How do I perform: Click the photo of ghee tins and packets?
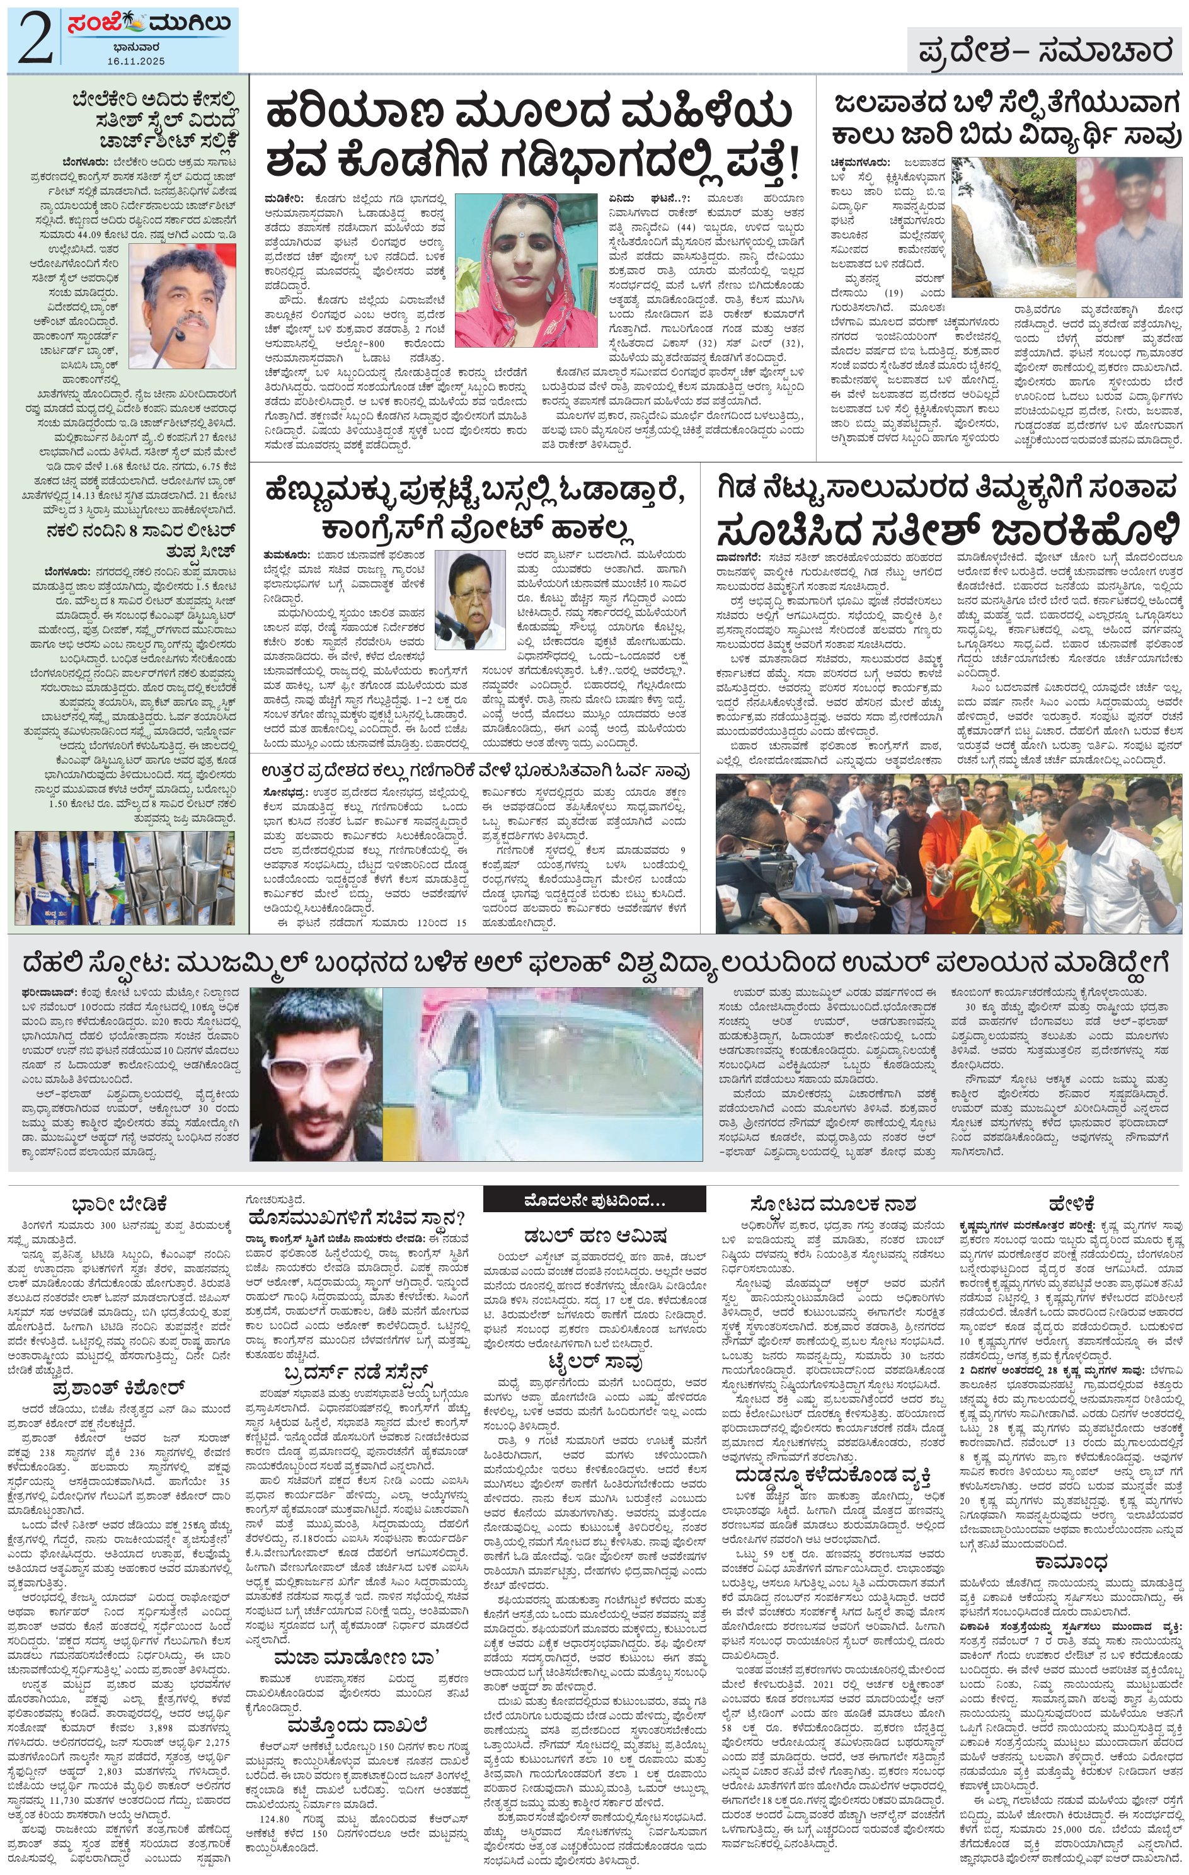click(x=125, y=878)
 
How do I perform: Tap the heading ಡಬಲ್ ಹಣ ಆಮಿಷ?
click(x=594, y=1235)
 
